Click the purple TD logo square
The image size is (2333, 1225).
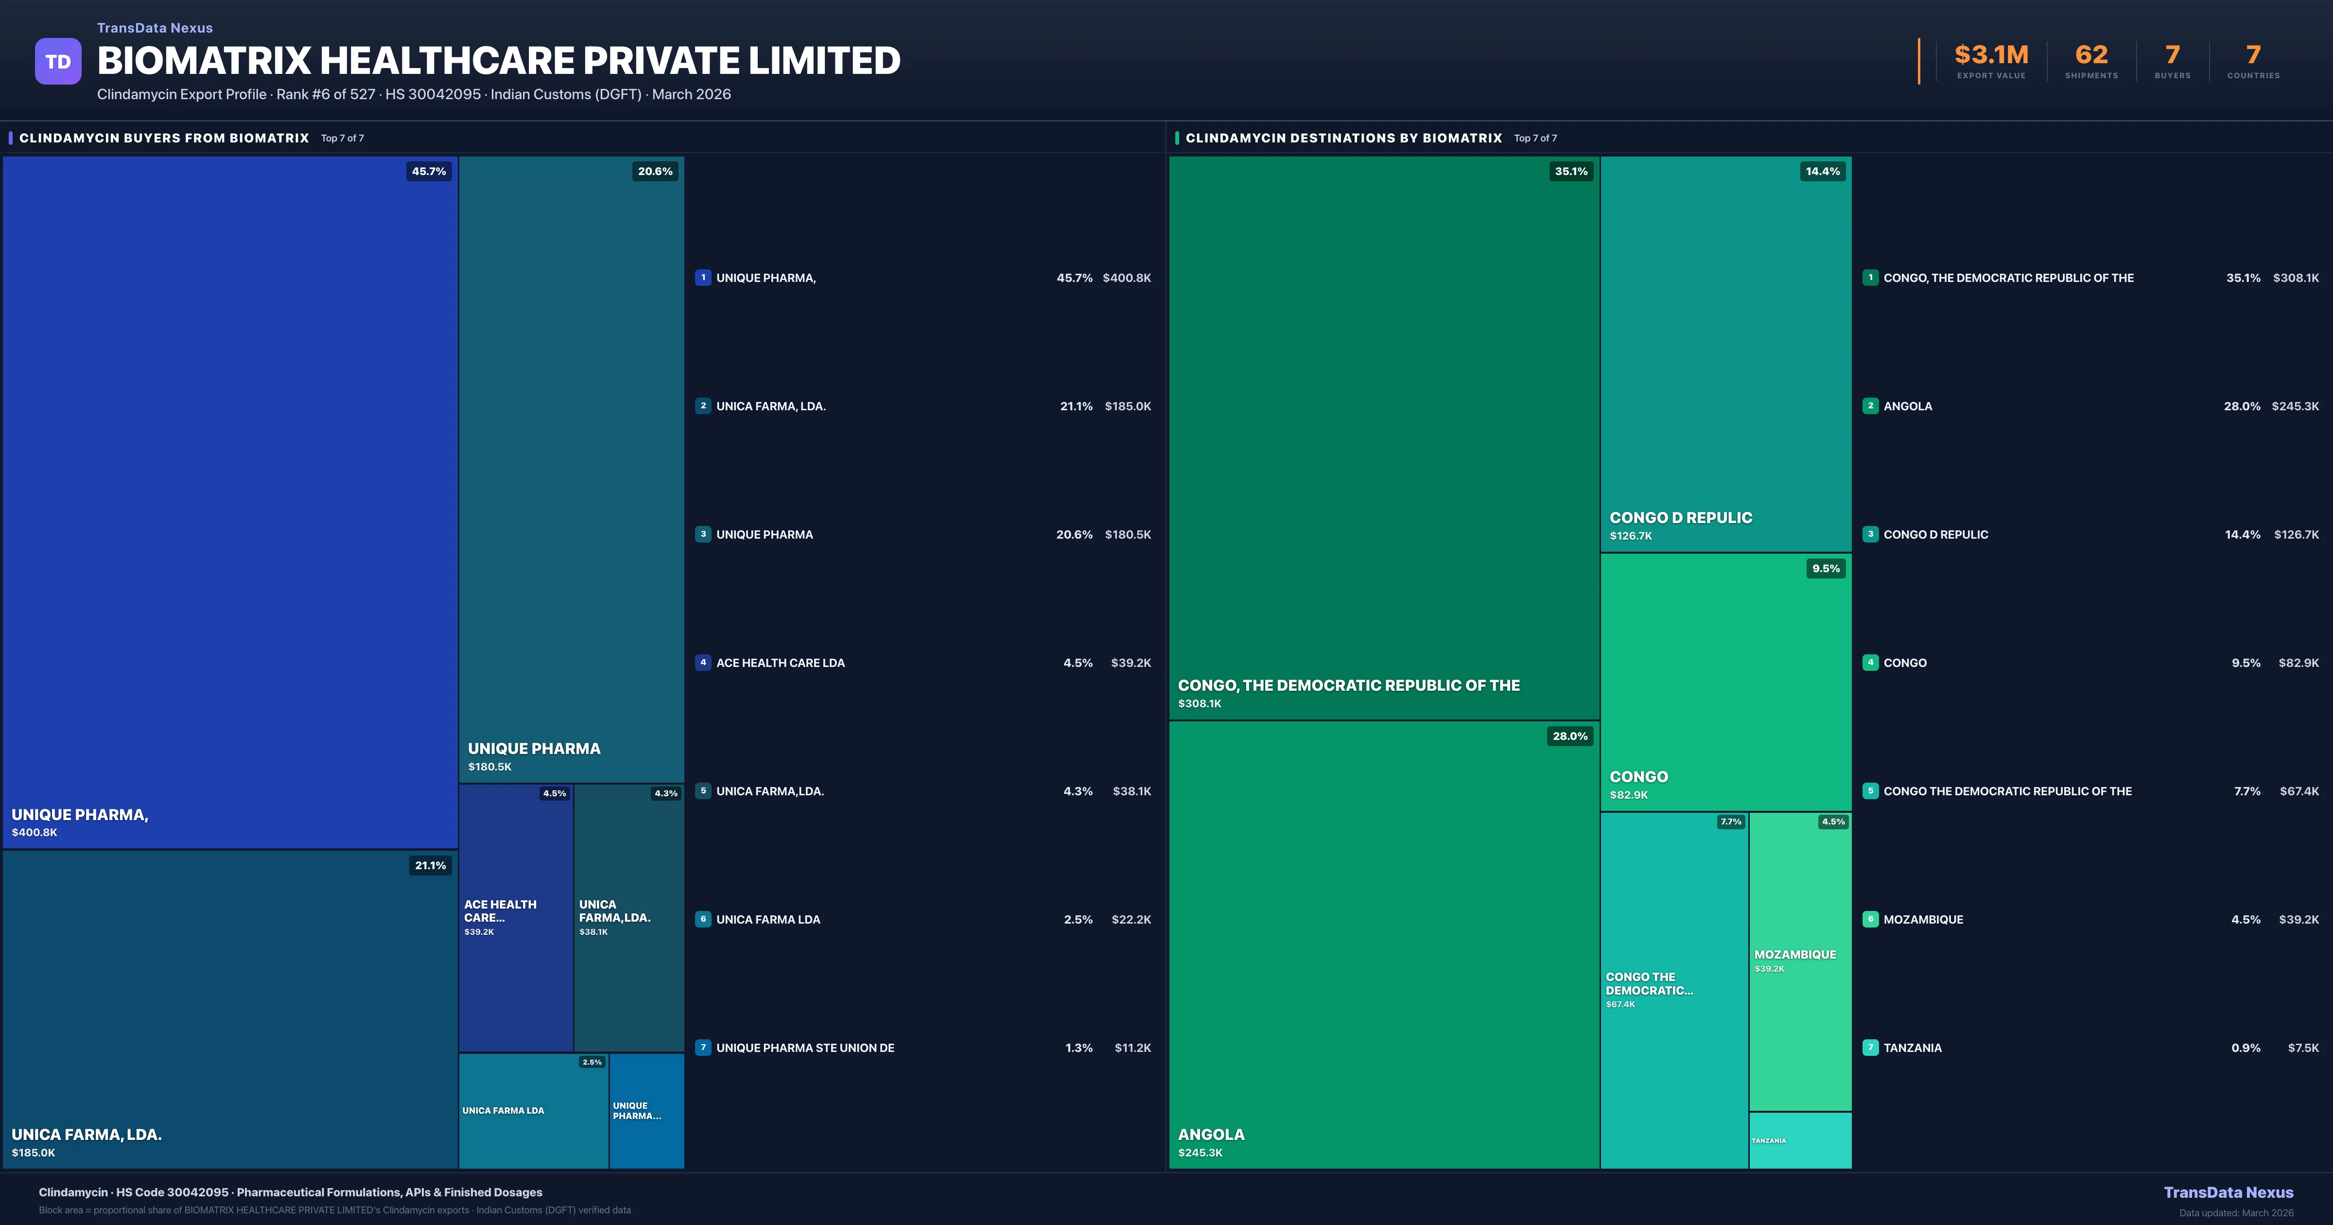click(x=58, y=62)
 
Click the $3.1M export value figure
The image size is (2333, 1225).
click(x=1991, y=55)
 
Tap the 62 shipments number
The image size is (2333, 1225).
click(x=2091, y=55)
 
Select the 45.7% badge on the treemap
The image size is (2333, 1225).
click(x=428, y=171)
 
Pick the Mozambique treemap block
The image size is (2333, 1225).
click(x=1799, y=961)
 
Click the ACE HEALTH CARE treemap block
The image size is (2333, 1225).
click(x=515, y=917)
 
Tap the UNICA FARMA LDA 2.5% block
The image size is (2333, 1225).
click(x=534, y=1111)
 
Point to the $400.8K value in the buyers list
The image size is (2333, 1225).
click(x=1127, y=278)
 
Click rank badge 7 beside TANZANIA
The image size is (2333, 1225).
click(x=1870, y=1048)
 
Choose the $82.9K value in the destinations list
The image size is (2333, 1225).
click(x=2298, y=663)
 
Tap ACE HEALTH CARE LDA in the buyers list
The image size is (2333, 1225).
click(x=780, y=663)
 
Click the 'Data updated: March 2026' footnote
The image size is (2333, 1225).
click(x=2235, y=1212)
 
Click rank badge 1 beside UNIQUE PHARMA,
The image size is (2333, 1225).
click(x=703, y=278)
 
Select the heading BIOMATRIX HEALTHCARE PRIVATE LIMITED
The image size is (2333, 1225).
click(x=498, y=61)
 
